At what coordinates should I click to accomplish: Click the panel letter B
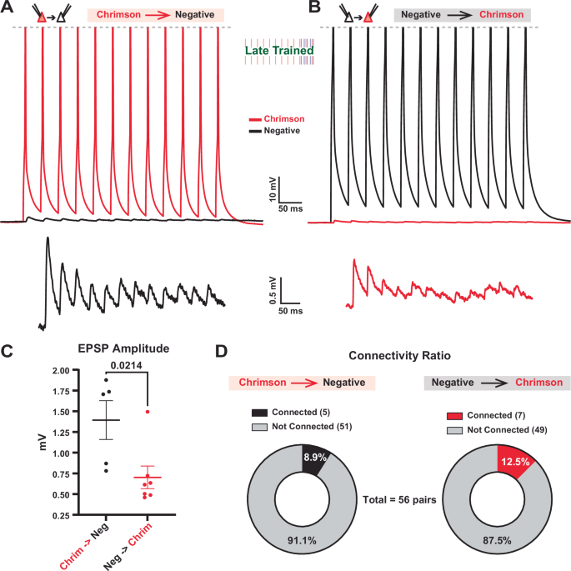[x=314, y=10]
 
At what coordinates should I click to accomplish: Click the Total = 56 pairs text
[x=398, y=498]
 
